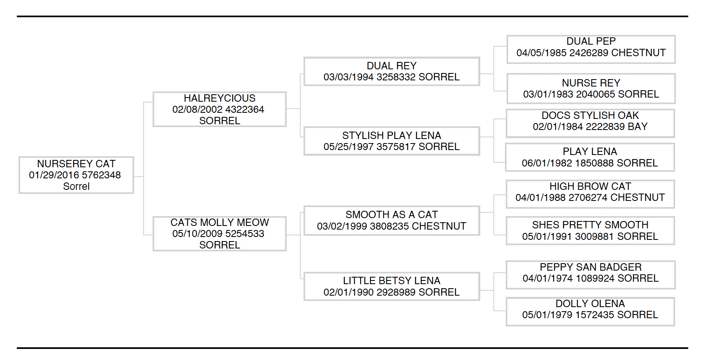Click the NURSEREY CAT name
pyautogui.click(x=76, y=164)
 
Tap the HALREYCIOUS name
pyautogui.click(x=219, y=98)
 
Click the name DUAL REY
pyautogui.click(x=391, y=66)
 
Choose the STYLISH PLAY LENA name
pyautogui.click(x=391, y=136)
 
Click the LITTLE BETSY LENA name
pyautogui.click(x=391, y=281)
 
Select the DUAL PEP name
pyautogui.click(x=591, y=41)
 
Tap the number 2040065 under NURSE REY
pyautogui.click(x=595, y=94)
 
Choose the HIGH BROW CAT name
pyautogui.click(x=590, y=187)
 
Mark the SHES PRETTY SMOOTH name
pyautogui.click(x=590, y=225)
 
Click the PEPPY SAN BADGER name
pyautogui.click(x=590, y=267)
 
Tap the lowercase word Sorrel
pyautogui.click(x=76, y=187)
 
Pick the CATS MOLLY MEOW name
pyautogui.click(x=219, y=223)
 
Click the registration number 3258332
pyautogui.click(x=396, y=77)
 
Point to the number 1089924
pyautogui.click(x=595, y=278)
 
